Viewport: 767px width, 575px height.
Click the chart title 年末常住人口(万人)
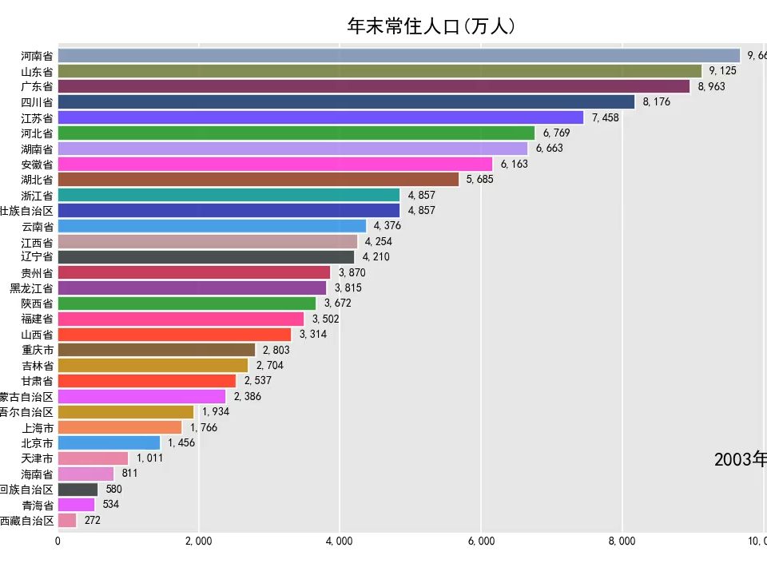tap(431, 26)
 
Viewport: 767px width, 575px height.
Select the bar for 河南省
tap(399, 55)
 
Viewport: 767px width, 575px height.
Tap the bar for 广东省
tap(374, 86)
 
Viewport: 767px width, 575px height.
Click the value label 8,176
tap(656, 101)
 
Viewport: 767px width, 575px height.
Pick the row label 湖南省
tap(37, 149)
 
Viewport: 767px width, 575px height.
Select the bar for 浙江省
tap(229, 195)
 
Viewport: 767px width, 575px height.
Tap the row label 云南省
tap(37, 226)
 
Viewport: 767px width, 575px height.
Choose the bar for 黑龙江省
tap(192, 287)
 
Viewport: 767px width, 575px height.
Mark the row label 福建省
tap(37, 319)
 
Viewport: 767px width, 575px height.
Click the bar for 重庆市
tap(157, 350)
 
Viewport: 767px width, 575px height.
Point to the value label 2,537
tap(257, 380)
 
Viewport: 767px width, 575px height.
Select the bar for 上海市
tap(120, 427)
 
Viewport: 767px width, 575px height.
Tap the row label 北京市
tap(37, 442)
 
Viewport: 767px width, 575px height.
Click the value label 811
tap(129, 474)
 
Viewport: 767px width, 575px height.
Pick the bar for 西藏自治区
tap(67, 520)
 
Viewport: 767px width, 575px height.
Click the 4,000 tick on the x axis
tap(340, 541)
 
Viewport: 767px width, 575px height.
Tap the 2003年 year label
tap(740, 459)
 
